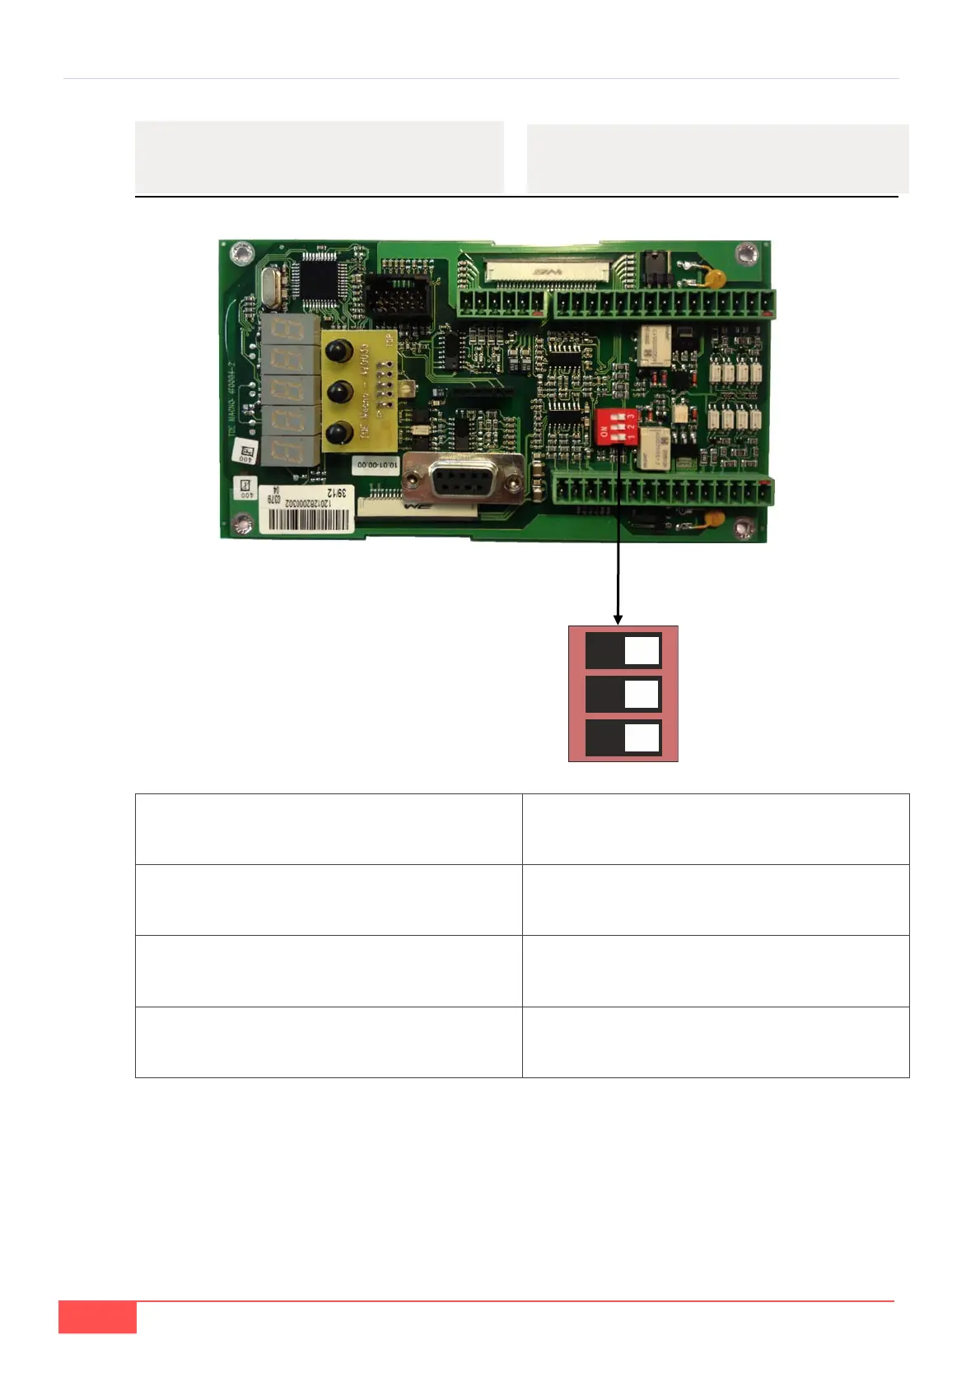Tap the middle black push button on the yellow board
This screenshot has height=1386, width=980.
point(335,391)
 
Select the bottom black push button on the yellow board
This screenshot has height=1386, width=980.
point(335,431)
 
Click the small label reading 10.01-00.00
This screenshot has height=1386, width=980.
point(376,464)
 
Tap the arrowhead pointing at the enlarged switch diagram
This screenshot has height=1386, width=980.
point(618,619)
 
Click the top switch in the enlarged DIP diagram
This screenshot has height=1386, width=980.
point(623,651)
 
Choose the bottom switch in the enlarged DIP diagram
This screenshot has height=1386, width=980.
point(623,738)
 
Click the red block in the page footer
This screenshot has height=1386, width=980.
point(97,1317)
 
